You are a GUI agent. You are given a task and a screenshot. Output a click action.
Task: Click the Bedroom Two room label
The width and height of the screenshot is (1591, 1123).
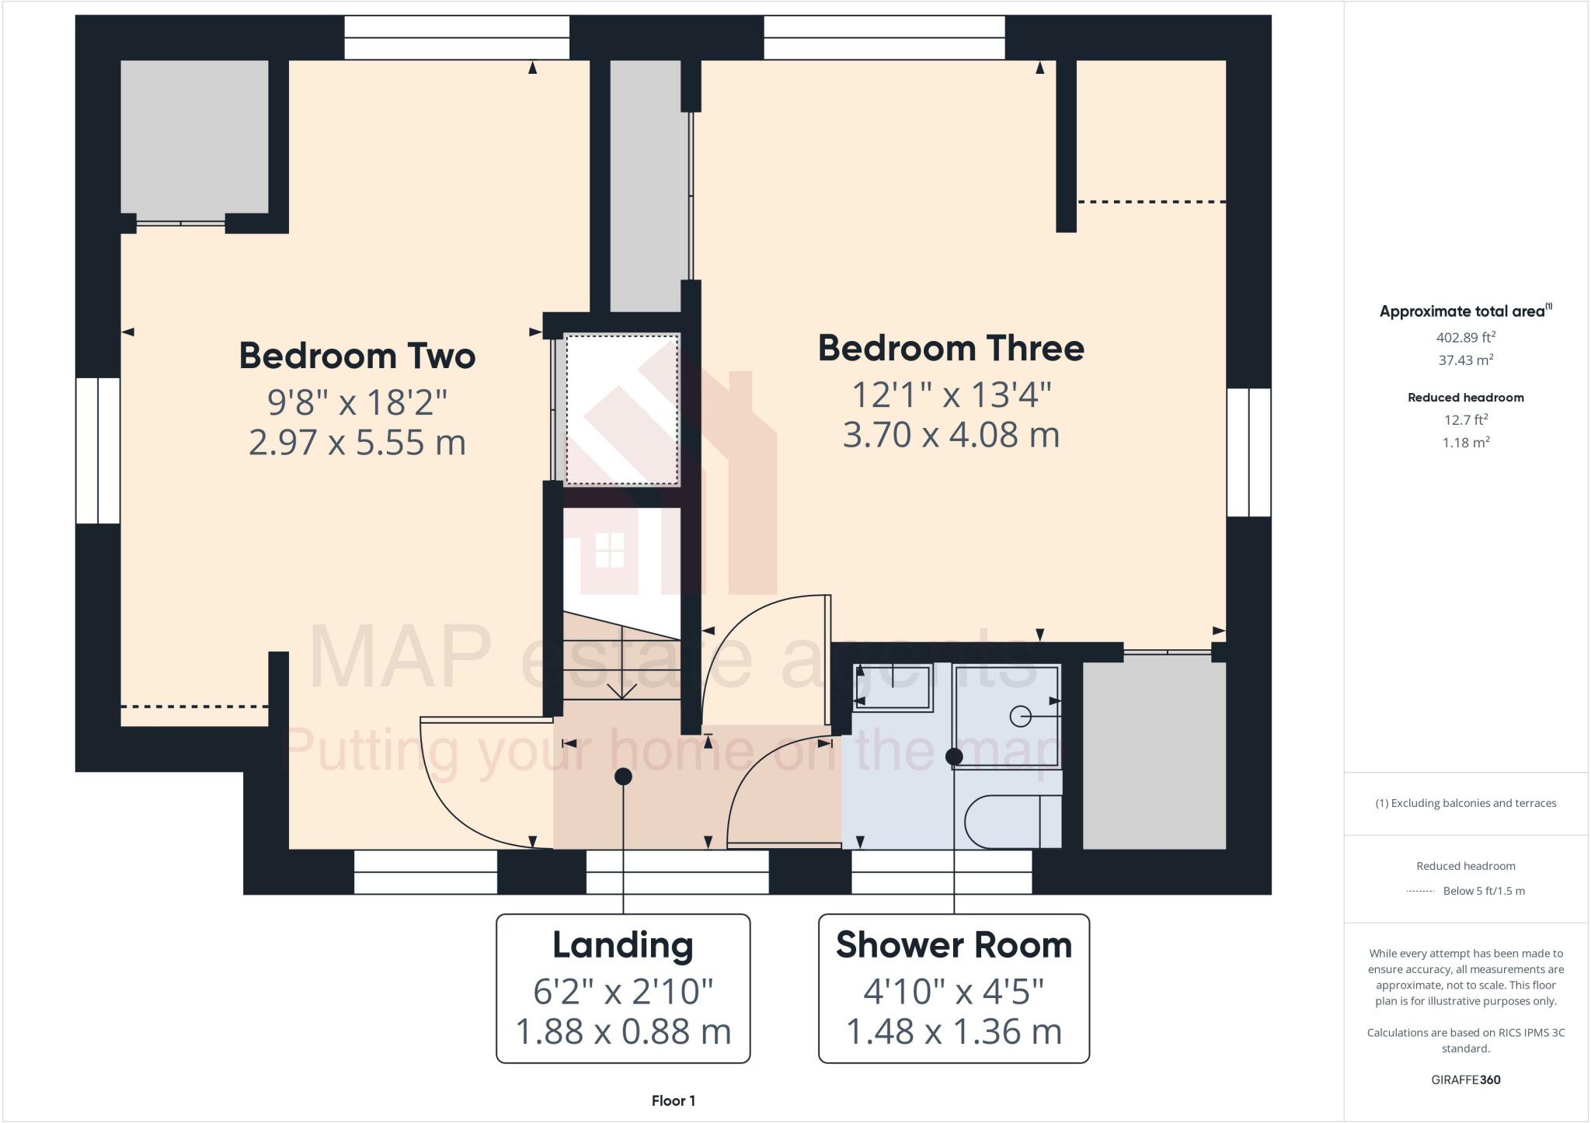coord(357,356)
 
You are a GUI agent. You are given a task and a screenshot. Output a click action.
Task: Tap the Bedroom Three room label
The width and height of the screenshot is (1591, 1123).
coord(951,348)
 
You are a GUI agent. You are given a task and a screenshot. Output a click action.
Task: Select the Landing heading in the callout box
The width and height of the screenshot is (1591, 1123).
coord(622,945)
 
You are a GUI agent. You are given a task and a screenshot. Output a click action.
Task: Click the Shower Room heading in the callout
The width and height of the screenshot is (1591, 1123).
coord(953,945)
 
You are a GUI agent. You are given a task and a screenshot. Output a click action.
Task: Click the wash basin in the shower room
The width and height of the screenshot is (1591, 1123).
coord(893,687)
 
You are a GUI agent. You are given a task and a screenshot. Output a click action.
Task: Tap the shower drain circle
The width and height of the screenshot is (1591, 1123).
coord(1020,715)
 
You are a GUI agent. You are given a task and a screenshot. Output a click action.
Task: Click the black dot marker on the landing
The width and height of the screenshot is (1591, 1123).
coord(623,776)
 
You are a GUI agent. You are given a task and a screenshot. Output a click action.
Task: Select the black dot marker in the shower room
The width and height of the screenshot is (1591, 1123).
coord(954,756)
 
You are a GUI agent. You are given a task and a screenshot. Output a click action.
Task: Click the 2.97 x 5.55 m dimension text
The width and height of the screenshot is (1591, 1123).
coord(357,443)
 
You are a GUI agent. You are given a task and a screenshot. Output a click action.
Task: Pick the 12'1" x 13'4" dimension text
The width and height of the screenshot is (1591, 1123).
coord(951,395)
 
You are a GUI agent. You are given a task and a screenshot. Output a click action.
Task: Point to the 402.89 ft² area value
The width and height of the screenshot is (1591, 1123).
coord(1465,337)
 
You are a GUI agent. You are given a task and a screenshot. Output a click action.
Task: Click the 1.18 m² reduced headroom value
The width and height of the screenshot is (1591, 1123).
coord(1465,443)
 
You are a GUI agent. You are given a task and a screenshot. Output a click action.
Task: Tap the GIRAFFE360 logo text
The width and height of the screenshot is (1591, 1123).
coord(1465,1080)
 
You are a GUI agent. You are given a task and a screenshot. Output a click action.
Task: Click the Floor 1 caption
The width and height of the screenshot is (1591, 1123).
coord(673,1100)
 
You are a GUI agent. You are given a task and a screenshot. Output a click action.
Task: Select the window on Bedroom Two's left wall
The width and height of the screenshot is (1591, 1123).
coord(98,450)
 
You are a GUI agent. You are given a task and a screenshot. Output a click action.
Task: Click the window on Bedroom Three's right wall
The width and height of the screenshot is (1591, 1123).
coord(1248,452)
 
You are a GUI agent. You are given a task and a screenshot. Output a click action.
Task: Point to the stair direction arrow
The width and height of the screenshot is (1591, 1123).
coord(621,690)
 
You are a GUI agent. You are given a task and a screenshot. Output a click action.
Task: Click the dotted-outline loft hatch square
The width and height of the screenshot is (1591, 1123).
coord(621,409)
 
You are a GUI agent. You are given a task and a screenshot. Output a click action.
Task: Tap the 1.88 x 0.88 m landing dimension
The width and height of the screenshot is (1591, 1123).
coord(623,1031)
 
